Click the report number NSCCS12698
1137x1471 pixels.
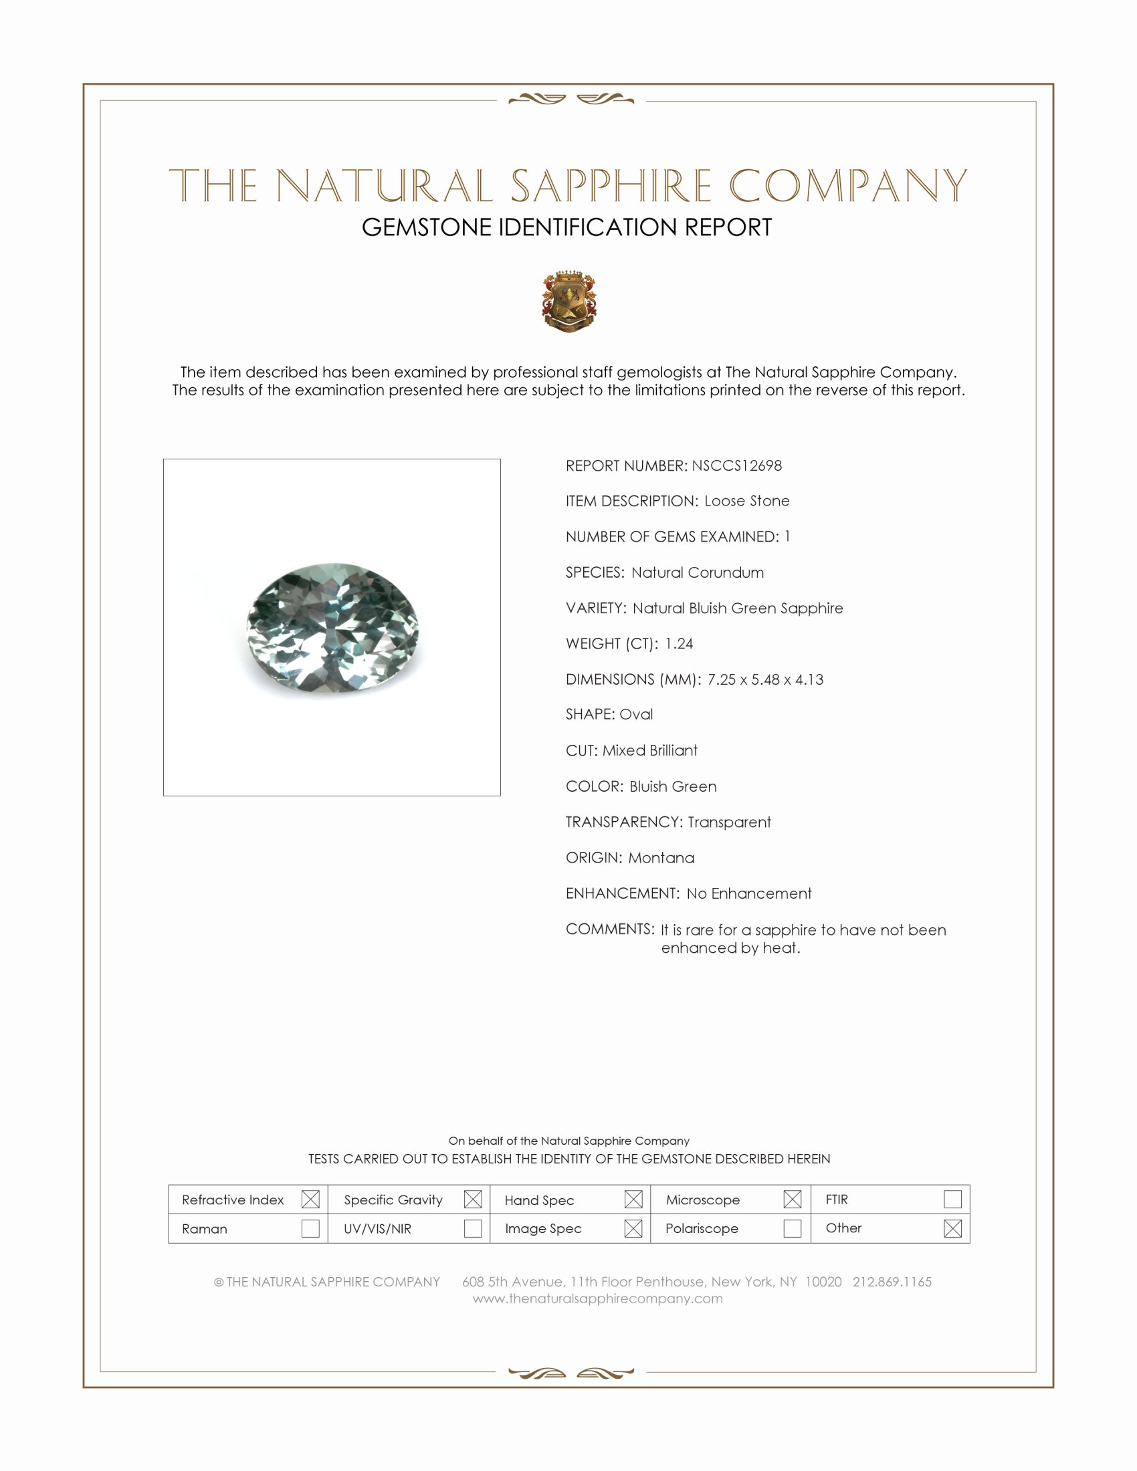736,465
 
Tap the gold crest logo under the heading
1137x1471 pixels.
569,301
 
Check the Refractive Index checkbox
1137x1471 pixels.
310,1199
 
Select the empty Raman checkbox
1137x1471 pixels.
310,1228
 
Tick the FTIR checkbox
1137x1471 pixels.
952,1199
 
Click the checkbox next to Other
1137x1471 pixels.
952,1228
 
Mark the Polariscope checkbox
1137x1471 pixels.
792,1228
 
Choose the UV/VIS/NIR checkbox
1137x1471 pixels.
473,1228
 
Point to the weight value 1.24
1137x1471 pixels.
678,643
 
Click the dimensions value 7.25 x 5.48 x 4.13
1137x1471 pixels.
765,679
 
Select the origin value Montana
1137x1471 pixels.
661,857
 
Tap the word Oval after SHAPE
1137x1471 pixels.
636,714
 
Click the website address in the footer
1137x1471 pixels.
597,1298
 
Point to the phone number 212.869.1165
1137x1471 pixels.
892,1281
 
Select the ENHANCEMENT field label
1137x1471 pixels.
622,893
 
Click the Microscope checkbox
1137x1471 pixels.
792,1199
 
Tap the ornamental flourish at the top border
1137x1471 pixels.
571,100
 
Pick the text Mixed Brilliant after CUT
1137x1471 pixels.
649,750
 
